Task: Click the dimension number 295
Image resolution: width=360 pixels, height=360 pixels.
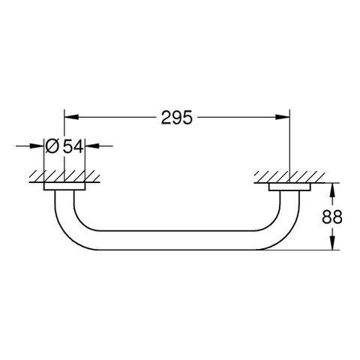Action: pos(177,118)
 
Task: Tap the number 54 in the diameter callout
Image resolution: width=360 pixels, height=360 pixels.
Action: pos(73,146)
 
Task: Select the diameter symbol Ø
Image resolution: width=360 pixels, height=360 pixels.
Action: pos(52,146)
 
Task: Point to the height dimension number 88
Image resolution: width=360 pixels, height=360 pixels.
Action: pos(331,217)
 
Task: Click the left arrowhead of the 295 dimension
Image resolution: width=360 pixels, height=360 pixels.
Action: pos(72,117)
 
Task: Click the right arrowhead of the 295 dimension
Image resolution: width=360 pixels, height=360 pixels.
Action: pos(282,117)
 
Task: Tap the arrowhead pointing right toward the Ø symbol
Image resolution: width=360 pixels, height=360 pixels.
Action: pos(37,146)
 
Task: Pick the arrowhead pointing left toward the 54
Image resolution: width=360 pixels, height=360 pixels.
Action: pos(92,146)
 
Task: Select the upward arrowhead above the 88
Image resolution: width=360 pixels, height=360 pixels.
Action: pos(332,190)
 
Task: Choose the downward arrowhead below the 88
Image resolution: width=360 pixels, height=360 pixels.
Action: pos(332,242)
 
